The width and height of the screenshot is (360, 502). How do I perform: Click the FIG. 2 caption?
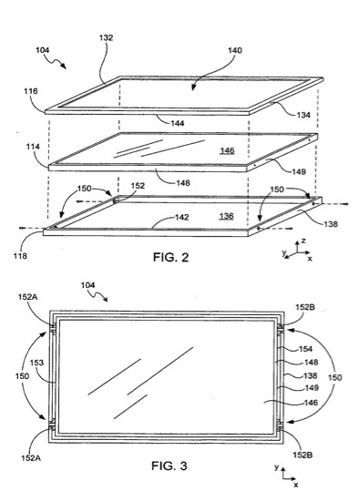(170, 257)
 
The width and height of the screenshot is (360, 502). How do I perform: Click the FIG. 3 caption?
(170, 466)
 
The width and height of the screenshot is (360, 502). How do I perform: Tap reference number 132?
(106, 37)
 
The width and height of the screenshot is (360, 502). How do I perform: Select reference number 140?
(235, 51)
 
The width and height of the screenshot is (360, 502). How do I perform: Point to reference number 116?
(31, 91)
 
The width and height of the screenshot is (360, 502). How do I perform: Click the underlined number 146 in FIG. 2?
(228, 150)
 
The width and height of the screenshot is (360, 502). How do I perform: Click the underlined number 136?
(226, 216)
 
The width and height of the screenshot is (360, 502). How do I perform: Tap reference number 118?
(20, 256)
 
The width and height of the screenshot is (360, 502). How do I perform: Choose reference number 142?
(181, 218)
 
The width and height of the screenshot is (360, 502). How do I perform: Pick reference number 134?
(303, 115)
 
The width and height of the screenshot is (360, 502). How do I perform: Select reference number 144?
(178, 123)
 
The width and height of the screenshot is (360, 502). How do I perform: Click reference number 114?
(33, 147)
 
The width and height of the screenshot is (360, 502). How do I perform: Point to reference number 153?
(36, 363)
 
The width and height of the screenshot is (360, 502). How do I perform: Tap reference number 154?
(305, 349)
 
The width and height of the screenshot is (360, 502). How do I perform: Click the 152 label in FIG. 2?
(138, 186)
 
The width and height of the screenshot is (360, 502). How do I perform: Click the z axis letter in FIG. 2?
(303, 241)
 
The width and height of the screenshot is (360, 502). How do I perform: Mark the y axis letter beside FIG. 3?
(276, 467)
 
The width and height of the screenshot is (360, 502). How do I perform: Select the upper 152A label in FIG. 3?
(27, 297)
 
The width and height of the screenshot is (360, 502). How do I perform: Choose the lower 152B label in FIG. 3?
(303, 455)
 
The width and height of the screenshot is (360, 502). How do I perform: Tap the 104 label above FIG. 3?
(87, 285)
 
